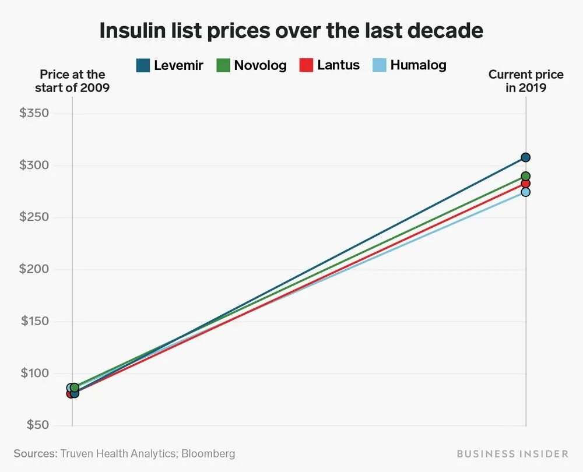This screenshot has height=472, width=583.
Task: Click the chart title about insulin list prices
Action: click(291, 30)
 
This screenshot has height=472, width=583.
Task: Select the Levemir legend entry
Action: click(169, 65)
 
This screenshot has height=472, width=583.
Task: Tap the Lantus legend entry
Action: click(330, 65)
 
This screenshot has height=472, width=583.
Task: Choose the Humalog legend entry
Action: click(410, 65)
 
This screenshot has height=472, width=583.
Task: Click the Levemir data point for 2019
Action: click(526, 157)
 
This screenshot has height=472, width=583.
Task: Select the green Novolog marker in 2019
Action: click(526, 176)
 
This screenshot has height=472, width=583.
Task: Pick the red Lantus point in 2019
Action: click(526, 184)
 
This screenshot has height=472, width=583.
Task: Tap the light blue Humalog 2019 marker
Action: click(526, 192)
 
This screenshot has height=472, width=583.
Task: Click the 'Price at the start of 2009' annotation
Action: click(72, 82)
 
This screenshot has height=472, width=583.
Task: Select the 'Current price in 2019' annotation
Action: click(526, 82)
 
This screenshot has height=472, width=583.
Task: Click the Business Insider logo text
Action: click(512, 453)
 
